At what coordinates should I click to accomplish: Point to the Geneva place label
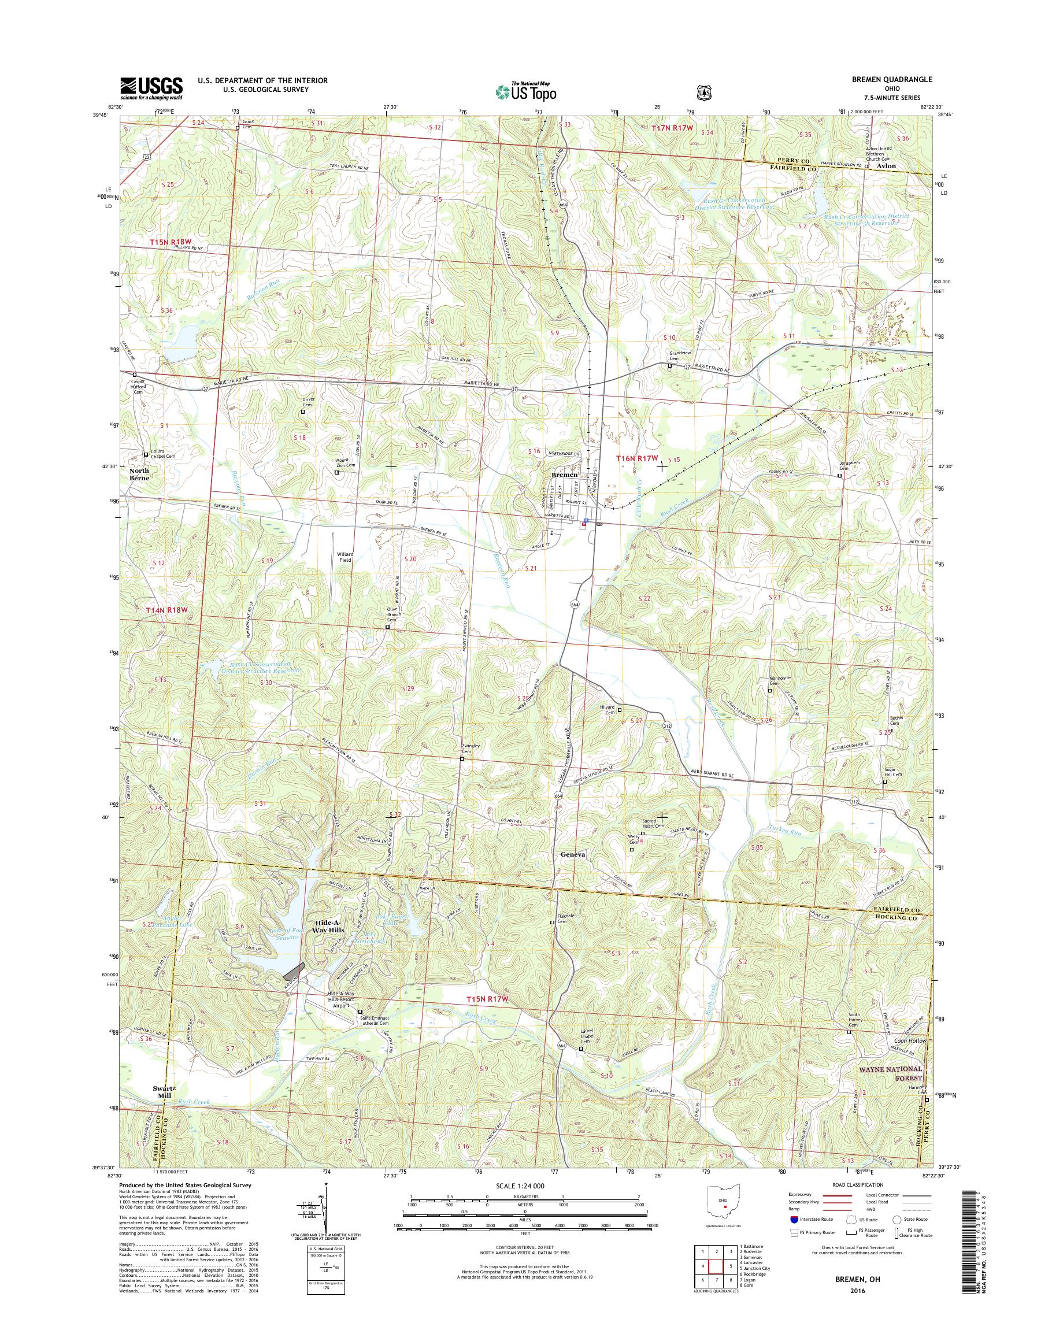[x=573, y=855]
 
